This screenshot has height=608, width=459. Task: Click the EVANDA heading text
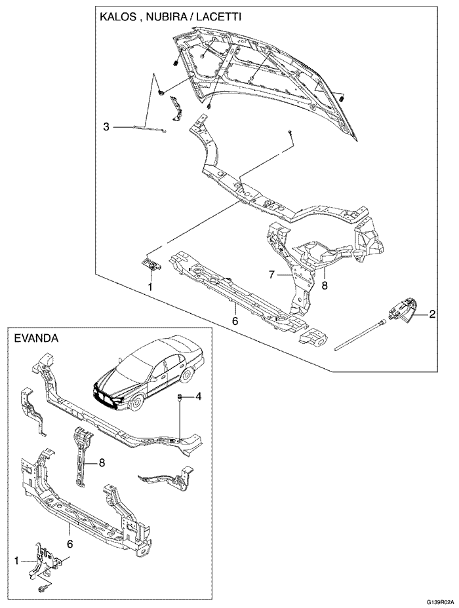(x=37, y=339)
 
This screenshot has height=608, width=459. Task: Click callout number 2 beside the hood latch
(x=432, y=314)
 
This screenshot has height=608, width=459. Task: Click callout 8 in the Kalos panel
(x=324, y=286)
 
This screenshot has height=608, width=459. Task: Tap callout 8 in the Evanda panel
(x=102, y=463)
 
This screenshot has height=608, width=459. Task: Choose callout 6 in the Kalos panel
(x=234, y=322)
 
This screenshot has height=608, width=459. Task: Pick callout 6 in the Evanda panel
(x=70, y=543)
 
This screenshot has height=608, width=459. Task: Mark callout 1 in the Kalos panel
(x=150, y=286)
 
